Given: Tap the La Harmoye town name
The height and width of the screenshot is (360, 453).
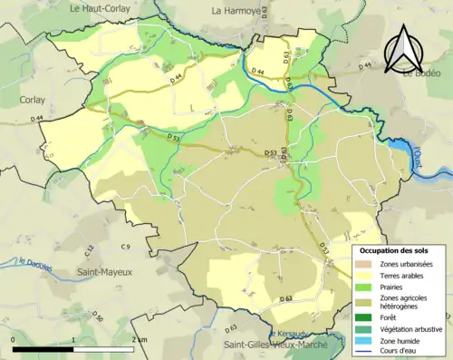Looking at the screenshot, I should coord(237,11).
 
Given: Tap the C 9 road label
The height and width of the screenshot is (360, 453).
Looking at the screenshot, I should coord(126,247).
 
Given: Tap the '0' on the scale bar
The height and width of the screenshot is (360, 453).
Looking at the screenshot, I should coord(14,338).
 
